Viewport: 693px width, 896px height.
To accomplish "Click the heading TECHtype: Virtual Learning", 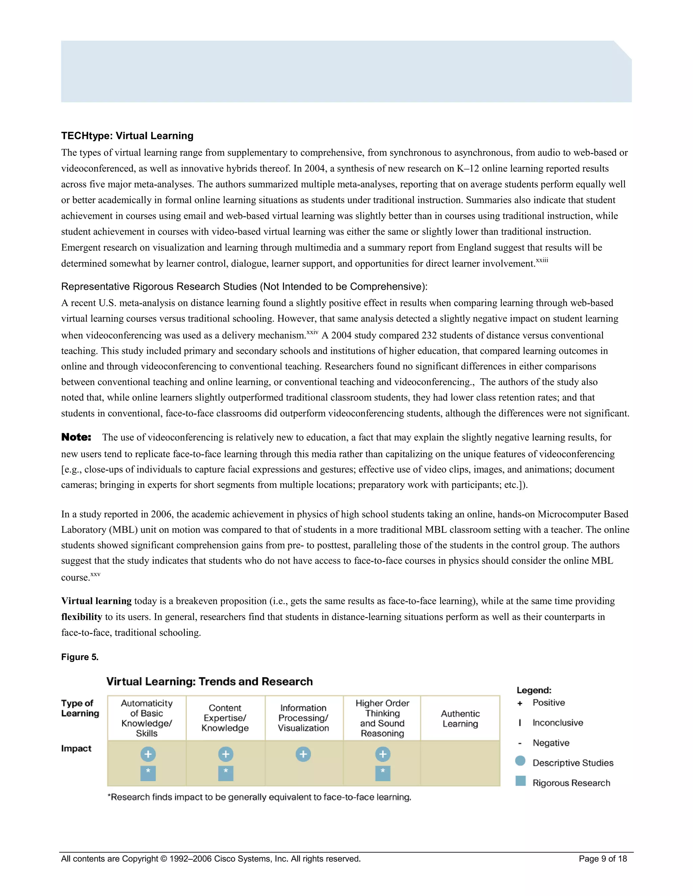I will [x=127, y=136].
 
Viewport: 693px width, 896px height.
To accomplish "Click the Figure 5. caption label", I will [x=80, y=657].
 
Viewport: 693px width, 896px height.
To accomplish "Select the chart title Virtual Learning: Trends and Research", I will [x=209, y=681].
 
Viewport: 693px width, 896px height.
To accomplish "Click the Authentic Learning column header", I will [x=460, y=718].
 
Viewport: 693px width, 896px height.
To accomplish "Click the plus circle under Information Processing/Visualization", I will [x=304, y=754].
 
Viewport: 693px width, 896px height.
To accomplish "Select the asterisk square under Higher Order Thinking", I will [x=383, y=773].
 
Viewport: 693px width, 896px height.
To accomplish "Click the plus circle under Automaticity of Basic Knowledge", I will [x=148, y=754].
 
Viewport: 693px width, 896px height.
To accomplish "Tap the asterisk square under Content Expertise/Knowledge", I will [x=225, y=773].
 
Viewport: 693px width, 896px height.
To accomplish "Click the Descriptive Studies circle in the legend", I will [x=520, y=761].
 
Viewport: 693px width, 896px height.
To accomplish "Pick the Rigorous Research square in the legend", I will [x=520, y=781].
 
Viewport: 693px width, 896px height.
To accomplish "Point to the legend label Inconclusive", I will [x=558, y=723].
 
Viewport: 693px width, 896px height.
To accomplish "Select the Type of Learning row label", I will [x=80, y=708].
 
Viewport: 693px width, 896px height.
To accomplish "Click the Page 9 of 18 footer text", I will [x=603, y=859].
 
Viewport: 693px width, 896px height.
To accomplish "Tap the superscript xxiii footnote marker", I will [x=542, y=260].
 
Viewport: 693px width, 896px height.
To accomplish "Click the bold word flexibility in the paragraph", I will [x=81, y=617].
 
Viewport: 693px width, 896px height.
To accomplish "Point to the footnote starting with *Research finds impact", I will [x=259, y=797].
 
